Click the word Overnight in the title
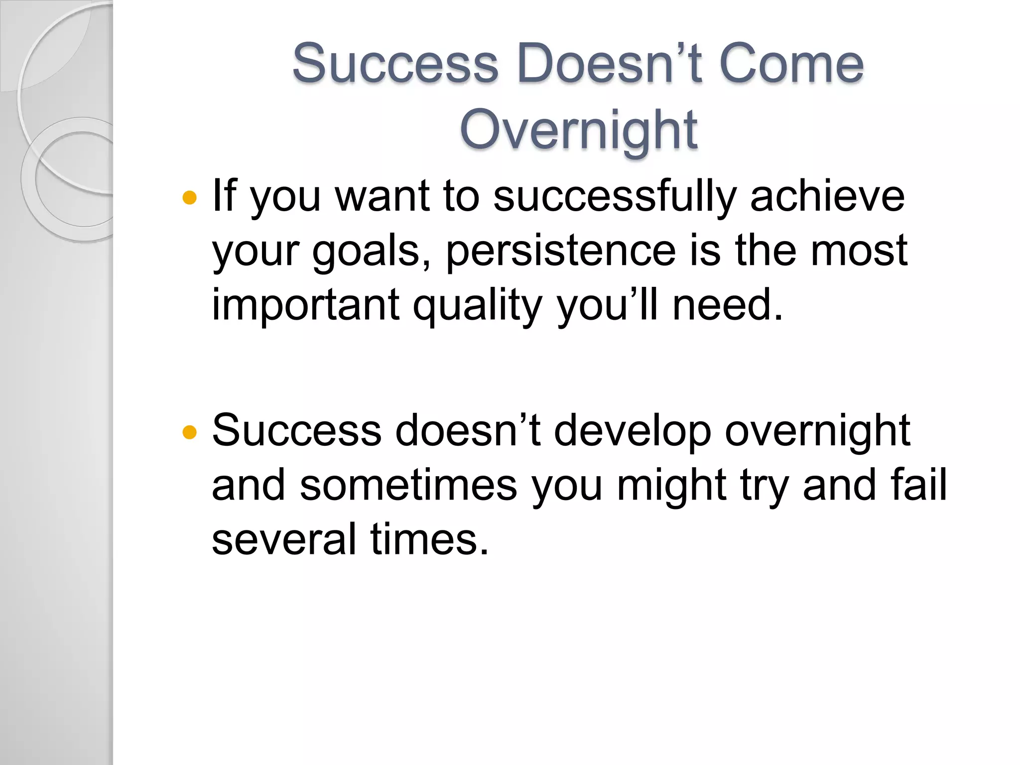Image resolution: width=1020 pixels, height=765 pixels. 578,130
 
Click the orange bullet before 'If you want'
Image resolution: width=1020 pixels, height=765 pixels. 190,198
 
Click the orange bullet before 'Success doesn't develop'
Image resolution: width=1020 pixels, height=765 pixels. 190,432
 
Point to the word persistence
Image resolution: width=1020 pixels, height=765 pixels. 560,252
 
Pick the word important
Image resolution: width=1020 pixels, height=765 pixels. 305,305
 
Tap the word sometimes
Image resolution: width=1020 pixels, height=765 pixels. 408,485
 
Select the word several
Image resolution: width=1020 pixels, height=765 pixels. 284,539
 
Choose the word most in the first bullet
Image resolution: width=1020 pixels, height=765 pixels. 859,251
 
